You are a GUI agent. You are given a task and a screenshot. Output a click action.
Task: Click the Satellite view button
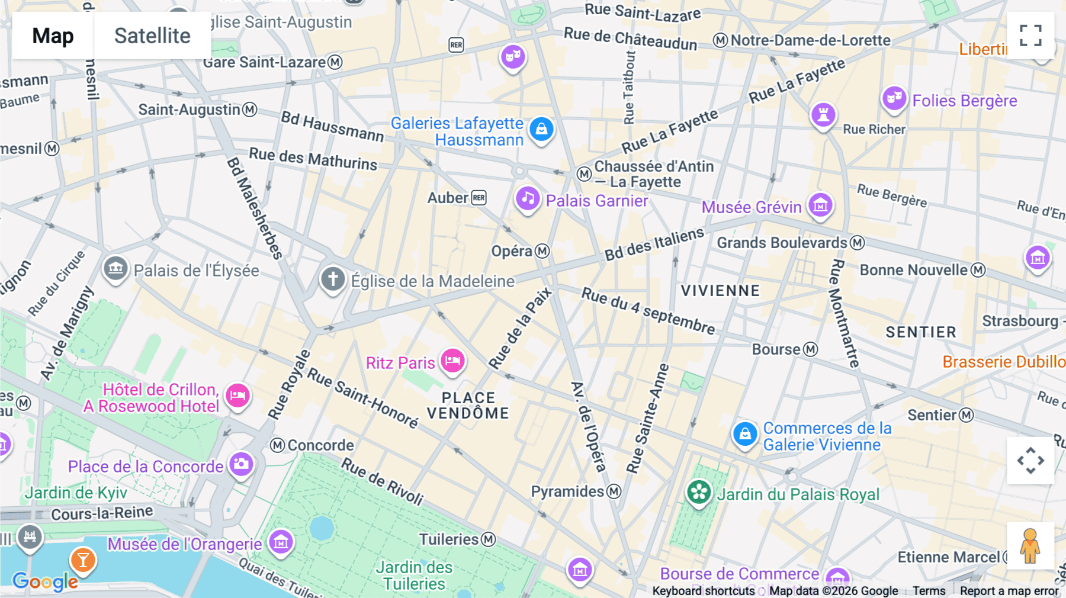(x=152, y=36)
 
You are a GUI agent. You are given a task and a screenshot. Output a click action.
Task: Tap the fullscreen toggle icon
(x=1030, y=36)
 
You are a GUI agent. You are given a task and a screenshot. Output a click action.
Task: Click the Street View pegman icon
(x=1030, y=546)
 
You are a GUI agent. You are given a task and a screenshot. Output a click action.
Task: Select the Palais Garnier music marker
(x=527, y=199)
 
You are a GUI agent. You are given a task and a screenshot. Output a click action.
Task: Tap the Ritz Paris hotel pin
(x=452, y=360)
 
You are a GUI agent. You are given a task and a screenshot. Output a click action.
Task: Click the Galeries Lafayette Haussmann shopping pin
(x=541, y=129)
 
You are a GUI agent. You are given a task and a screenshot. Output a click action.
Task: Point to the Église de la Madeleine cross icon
(x=333, y=278)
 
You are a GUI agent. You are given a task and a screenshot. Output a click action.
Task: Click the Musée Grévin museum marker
(x=820, y=205)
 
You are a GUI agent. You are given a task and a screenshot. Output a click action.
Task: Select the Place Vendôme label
(x=468, y=406)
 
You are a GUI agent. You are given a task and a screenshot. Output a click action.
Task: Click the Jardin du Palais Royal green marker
(x=699, y=492)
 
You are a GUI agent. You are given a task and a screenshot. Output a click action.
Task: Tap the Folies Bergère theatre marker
(x=894, y=98)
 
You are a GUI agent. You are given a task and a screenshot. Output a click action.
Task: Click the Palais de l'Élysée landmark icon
(x=115, y=268)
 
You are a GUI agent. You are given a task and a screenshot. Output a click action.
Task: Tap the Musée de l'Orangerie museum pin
(x=281, y=541)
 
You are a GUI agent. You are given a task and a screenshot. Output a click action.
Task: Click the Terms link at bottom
(x=929, y=590)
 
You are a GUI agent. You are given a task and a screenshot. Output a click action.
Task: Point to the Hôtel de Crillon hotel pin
(x=237, y=396)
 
